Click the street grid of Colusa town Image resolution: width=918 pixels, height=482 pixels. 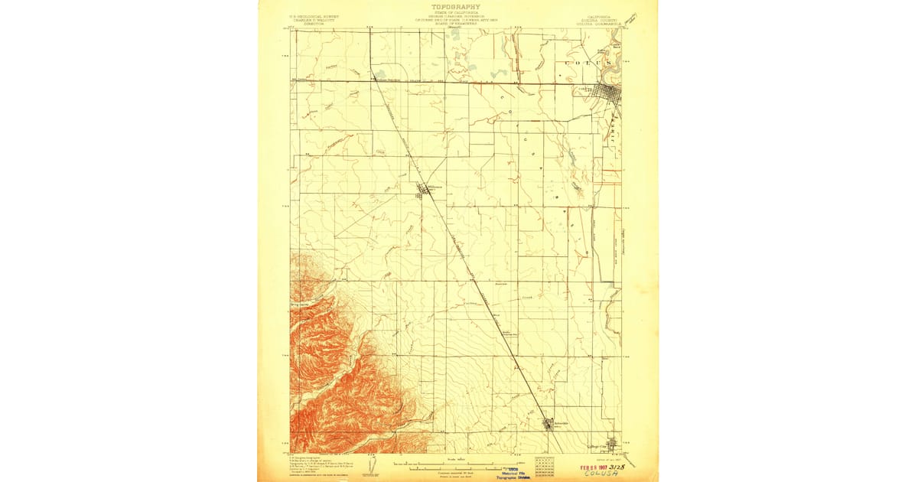[609, 94]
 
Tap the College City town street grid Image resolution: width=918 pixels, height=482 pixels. [613, 445]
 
